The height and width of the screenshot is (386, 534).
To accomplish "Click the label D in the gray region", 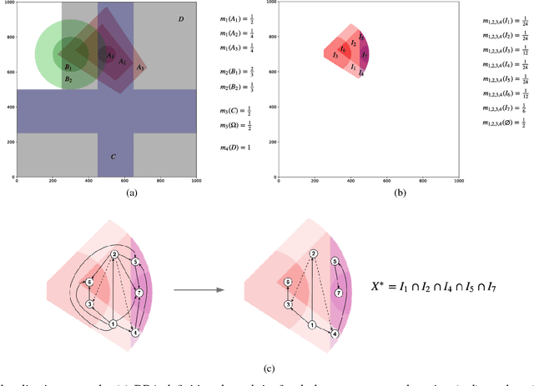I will [180, 19].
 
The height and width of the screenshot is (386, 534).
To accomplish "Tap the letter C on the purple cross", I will [113, 156].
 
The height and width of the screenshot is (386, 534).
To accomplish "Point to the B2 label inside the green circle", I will [68, 79].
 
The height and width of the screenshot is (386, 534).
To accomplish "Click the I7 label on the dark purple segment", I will [364, 54].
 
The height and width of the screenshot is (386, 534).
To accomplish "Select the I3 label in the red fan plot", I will [335, 56].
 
